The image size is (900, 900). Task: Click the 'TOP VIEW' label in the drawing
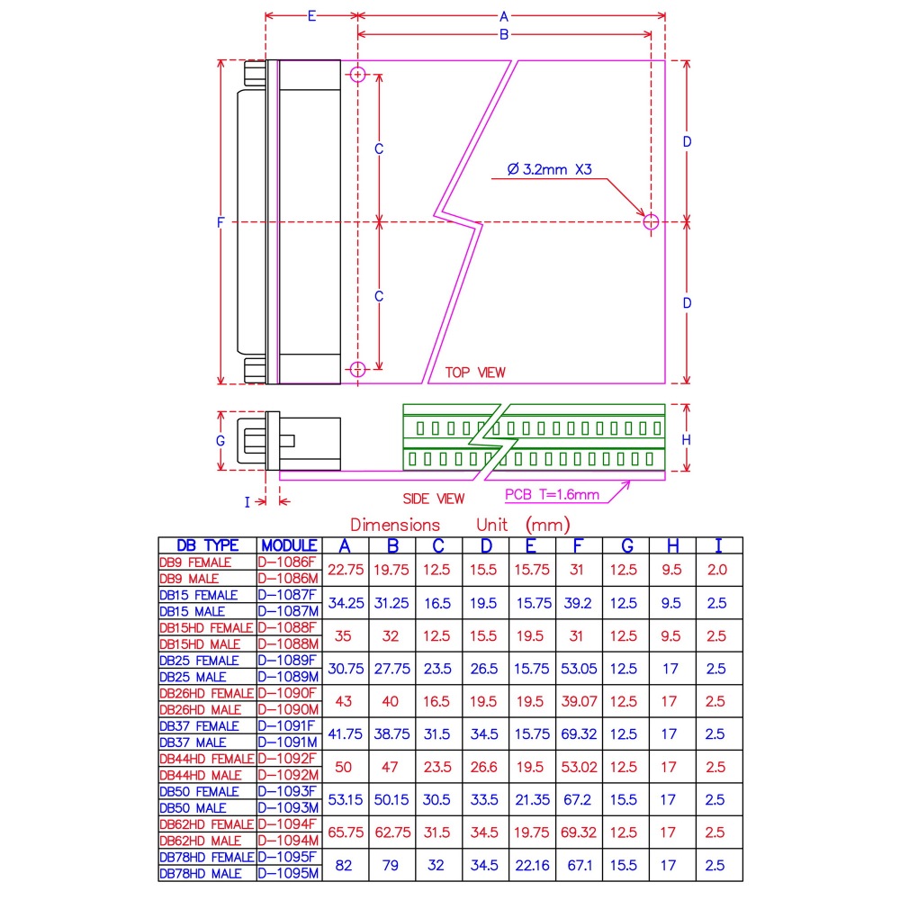tap(475, 373)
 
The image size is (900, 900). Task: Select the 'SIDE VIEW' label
tap(434, 499)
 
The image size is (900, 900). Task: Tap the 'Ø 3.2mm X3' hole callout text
tap(550, 168)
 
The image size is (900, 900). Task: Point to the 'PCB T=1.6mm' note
tap(552, 494)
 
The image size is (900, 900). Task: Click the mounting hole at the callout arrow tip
tap(651, 221)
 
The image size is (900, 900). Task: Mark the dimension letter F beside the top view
tap(220, 223)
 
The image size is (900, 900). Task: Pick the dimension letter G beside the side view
tap(220, 441)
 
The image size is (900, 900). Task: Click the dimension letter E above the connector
tap(311, 16)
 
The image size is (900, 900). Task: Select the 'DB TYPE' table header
tap(208, 545)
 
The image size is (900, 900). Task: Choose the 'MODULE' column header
tap(289, 545)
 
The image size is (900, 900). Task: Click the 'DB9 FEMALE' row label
tap(195, 562)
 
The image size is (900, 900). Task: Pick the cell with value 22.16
tap(533, 865)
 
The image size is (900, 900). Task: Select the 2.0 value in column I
tap(717, 571)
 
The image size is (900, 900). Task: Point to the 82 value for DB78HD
tap(345, 865)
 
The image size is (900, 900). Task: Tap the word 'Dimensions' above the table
tap(395, 525)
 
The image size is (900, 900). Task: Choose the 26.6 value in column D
tap(486, 767)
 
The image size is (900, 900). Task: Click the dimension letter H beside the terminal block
tap(686, 439)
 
